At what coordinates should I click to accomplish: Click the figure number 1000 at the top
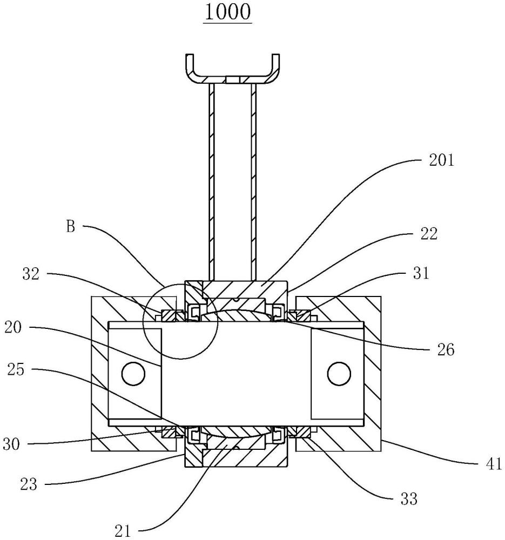click(x=227, y=12)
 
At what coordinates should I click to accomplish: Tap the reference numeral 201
click(x=441, y=160)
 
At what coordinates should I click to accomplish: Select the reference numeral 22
click(x=429, y=234)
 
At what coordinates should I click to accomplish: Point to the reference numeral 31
click(x=421, y=273)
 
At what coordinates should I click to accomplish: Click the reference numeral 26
click(x=446, y=350)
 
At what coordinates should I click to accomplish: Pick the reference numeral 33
click(x=409, y=498)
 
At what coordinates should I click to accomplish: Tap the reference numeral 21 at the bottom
click(x=123, y=531)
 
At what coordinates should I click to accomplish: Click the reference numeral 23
click(x=28, y=484)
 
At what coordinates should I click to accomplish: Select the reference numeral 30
click(x=11, y=444)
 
